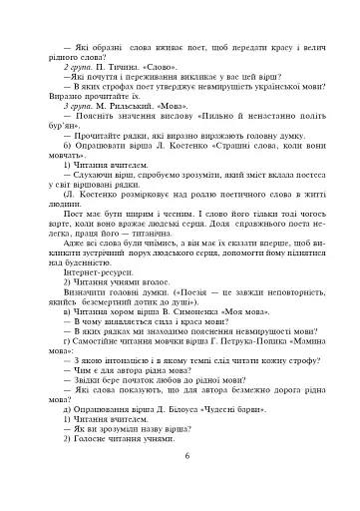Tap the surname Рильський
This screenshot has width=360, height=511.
point(125,104)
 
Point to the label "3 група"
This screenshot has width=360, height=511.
point(77,104)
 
